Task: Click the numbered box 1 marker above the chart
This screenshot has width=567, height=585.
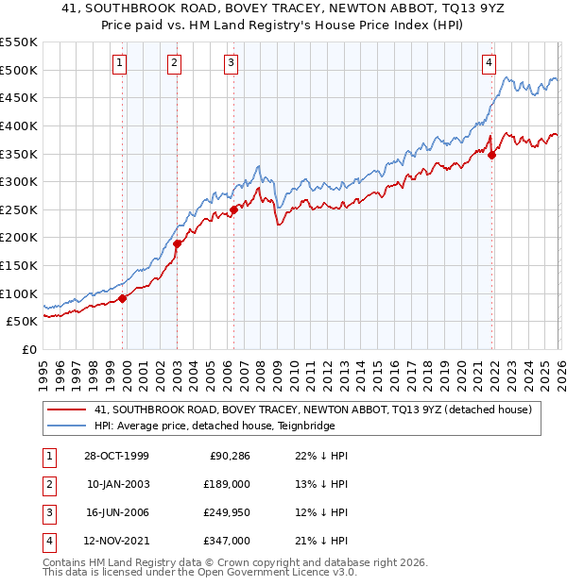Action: pyautogui.click(x=121, y=63)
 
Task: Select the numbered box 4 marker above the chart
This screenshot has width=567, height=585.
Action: pyautogui.click(x=489, y=63)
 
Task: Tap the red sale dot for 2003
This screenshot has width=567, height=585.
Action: pyautogui.click(x=177, y=243)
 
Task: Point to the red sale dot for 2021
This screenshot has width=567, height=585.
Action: pyautogui.click(x=491, y=156)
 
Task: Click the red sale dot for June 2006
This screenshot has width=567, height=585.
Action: pyautogui.click(x=233, y=209)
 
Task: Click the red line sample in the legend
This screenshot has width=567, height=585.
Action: pyautogui.click(x=68, y=409)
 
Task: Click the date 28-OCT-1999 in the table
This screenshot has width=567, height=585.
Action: pyautogui.click(x=115, y=456)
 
